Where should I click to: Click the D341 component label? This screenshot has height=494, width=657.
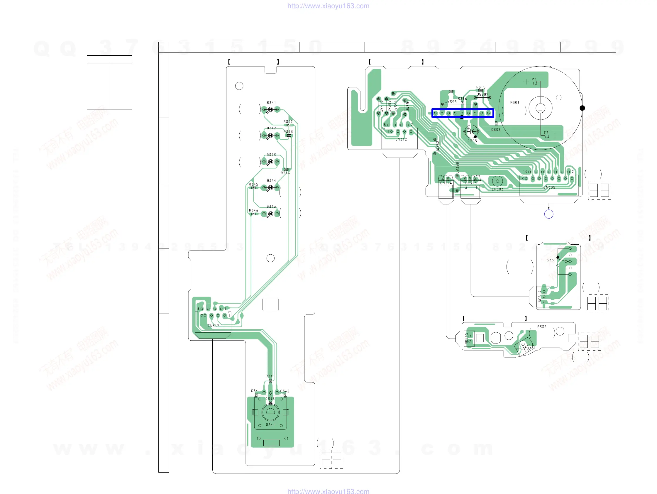[x=271, y=103]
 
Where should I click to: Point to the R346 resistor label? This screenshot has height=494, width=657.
[x=253, y=211]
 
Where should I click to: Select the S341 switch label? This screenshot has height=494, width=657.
[x=270, y=425]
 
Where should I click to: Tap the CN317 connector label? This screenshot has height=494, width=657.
[x=214, y=326]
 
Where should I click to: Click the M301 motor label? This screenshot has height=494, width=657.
[x=515, y=102]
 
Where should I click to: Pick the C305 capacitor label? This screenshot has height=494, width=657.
[x=472, y=141]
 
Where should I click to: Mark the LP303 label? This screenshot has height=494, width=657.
[x=497, y=189]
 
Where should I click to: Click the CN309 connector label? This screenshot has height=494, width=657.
[x=549, y=187]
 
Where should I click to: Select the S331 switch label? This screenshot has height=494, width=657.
[x=551, y=260]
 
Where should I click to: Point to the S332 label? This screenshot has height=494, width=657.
[x=542, y=327]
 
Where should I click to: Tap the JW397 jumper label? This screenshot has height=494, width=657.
[x=483, y=94]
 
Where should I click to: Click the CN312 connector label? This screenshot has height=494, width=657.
[x=401, y=139]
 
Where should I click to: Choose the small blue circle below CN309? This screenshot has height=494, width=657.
[x=548, y=214]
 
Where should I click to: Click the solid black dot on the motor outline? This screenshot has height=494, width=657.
[x=582, y=108]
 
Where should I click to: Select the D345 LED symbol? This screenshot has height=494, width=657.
[x=271, y=214]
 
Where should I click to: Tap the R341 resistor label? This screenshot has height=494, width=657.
[x=270, y=376]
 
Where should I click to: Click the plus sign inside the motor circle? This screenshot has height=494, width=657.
[x=526, y=82]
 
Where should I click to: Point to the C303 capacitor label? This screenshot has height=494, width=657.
[x=496, y=130]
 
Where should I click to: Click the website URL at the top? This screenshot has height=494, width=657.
[x=328, y=6]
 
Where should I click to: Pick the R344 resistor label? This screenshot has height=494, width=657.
[x=285, y=173]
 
